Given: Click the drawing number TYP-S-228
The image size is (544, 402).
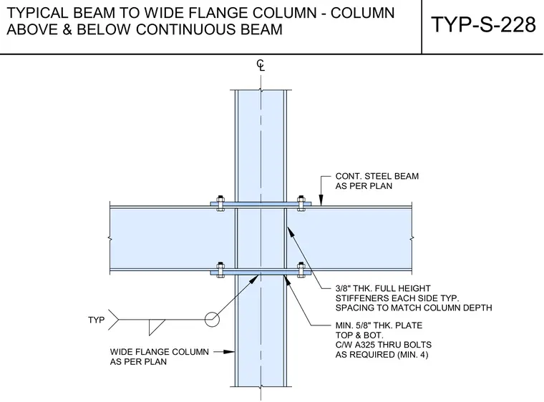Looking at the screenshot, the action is pyautogui.click(x=483, y=24).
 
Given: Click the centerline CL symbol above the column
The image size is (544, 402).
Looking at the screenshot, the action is pyautogui.click(x=261, y=65).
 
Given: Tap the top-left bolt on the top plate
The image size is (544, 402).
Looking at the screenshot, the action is pyautogui.click(x=220, y=203).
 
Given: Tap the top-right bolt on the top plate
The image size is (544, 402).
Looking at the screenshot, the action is pyautogui.click(x=301, y=203).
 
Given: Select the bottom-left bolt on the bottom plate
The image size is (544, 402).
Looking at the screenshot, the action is pyautogui.click(x=220, y=270).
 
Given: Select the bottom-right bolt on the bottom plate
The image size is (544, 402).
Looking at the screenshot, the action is pyautogui.click(x=301, y=270).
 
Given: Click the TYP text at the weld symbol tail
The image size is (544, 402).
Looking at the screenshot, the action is pyautogui.click(x=96, y=320).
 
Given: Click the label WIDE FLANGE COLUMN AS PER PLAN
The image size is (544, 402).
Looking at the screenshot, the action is pyautogui.click(x=159, y=356).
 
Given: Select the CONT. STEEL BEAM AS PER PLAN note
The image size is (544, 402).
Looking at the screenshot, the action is pyautogui.click(x=377, y=181).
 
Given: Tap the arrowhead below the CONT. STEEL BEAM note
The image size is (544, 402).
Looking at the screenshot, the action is pyautogui.click(x=321, y=200).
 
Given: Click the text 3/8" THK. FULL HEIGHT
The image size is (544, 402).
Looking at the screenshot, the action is pyautogui.click(x=383, y=288).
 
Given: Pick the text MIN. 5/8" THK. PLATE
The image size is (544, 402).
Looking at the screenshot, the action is pyautogui.click(x=379, y=325).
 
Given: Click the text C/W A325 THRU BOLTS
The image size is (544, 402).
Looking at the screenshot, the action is pyautogui.click(x=384, y=345).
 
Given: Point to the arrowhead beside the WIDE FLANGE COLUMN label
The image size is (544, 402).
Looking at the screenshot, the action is pyautogui.click(x=228, y=352).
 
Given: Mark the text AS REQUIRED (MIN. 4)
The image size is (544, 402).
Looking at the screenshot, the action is pyautogui.click(x=382, y=355).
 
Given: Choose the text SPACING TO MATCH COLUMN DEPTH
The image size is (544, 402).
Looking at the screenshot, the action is pyautogui.click(x=414, y=308).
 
